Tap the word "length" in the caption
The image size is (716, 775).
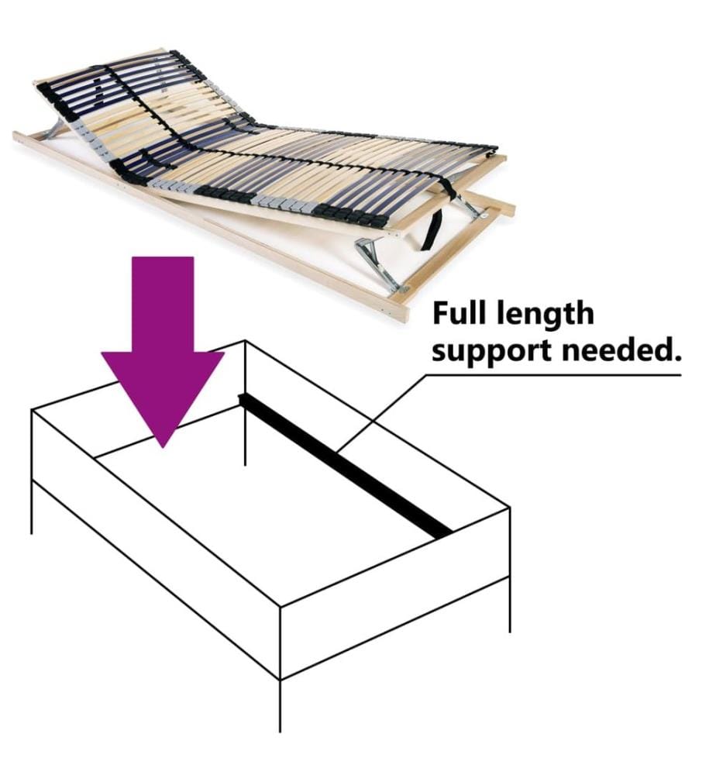pos(545,315)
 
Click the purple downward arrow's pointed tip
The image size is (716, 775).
pos(163,447)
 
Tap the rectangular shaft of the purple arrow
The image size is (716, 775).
pos(163,304)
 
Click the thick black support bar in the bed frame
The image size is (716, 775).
pos(345,465)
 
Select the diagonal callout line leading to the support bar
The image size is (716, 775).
pos(380,413)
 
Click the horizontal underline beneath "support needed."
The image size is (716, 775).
pos(553,374)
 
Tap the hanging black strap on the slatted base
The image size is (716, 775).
pos(431,229)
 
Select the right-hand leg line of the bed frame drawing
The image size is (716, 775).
pos(509,604)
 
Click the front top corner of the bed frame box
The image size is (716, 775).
pos(281,606)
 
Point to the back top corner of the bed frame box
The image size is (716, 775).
pos(245,340)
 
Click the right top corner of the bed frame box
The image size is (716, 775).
pos(509,507)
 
